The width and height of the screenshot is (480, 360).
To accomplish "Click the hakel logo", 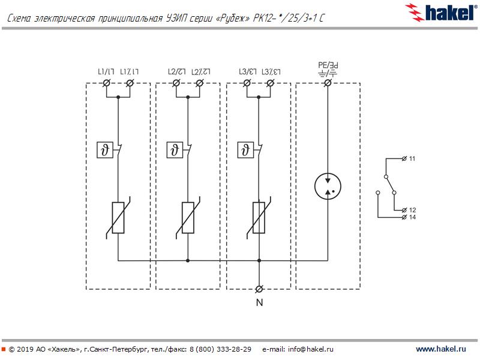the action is click(x=441, y=13).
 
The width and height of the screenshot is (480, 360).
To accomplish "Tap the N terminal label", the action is click(x=259, y=302).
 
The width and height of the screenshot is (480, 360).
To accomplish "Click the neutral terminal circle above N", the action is click(x=259, y=289).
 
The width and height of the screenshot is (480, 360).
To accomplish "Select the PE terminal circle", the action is click(x=328, y=83).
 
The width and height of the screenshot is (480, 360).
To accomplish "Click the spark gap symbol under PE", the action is click(x=328, y=186).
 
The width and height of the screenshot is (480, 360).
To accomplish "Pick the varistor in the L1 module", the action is click(x=118, y=218).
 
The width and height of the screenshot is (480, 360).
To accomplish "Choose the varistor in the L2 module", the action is click(x=188, y=218).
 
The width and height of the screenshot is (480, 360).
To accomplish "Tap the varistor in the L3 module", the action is click(x=259, y=218).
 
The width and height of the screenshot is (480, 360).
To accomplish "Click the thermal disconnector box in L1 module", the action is click(x=104, y=150).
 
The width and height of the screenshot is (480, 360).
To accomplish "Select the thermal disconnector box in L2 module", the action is click(x=175, y=150).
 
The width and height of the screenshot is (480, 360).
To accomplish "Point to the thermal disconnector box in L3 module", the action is click(x=245, y=150).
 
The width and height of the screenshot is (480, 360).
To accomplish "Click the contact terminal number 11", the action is click(x=412, y=158).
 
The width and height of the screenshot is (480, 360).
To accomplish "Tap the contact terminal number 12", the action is click(x=412, y=210).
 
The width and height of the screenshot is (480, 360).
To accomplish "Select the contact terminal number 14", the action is click(x=412, y=217).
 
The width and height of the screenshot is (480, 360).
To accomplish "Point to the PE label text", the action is click(x=328, y=65).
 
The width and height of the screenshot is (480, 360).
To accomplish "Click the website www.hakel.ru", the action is click(x=441, y=349).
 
